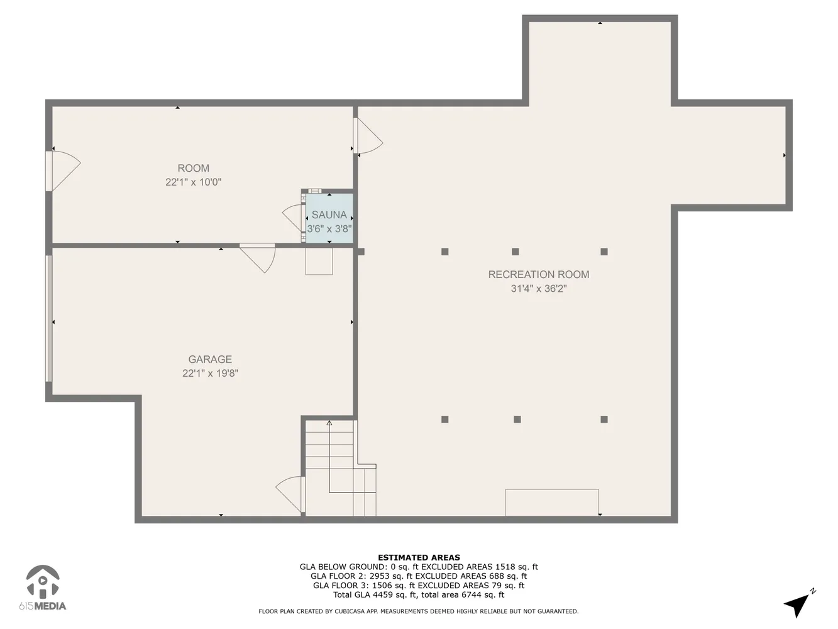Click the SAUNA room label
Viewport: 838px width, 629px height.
click(329, 214)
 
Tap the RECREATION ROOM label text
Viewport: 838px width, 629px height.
click(539, 274)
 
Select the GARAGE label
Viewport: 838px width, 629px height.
click(210, 359)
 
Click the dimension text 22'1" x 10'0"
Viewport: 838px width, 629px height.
click(193, 182)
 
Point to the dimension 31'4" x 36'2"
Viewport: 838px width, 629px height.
click(539, 289)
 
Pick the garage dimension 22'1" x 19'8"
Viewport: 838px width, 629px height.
click(210, 373)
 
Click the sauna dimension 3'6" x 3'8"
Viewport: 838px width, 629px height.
click(329, 229)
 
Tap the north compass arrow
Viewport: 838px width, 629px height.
click(798, 604)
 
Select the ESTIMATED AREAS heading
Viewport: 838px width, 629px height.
click(419, 557)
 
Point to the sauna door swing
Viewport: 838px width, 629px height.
click(293, 217)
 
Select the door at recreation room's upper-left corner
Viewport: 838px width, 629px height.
click(369, 136)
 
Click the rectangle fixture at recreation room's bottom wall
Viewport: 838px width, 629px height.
click(552, 502)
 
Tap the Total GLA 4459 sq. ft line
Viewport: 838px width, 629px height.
click(419, 594)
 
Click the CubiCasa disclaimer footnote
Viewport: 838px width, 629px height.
click(419, 611)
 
